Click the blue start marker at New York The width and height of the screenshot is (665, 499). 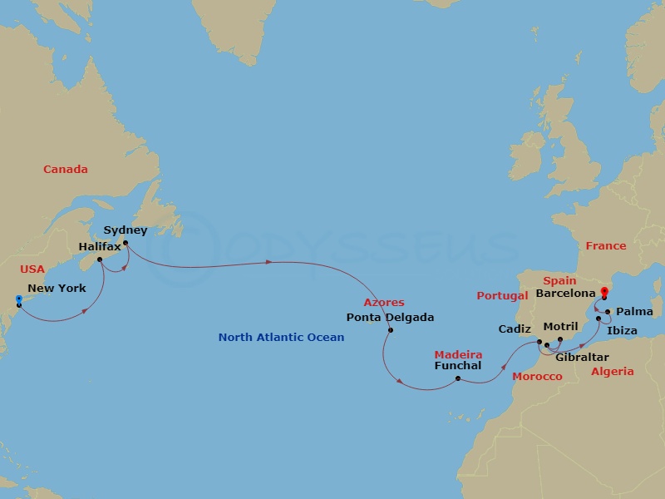point(18,299)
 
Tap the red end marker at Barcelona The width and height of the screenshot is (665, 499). point(604,292)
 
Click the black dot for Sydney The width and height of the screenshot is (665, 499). point(125,244)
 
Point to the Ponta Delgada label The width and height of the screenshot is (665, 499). point(390,317)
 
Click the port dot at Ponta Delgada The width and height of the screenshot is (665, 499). point(390,330)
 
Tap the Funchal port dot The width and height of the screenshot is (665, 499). point(459,379)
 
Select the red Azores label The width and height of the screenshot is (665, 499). point(384,303)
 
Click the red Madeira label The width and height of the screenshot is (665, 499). point(458,354)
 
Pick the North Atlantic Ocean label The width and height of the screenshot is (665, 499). point(281,337)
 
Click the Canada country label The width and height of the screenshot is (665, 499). point(66,170)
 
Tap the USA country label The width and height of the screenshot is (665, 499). point(33,269)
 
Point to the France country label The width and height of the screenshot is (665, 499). point(605,246)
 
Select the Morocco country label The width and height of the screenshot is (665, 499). point(536,377)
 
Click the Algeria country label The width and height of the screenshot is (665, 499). point(613,372)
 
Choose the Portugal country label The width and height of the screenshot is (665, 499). point(502,295)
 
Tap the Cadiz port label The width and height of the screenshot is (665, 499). point(515,329)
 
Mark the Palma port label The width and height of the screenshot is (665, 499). point(636,312)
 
